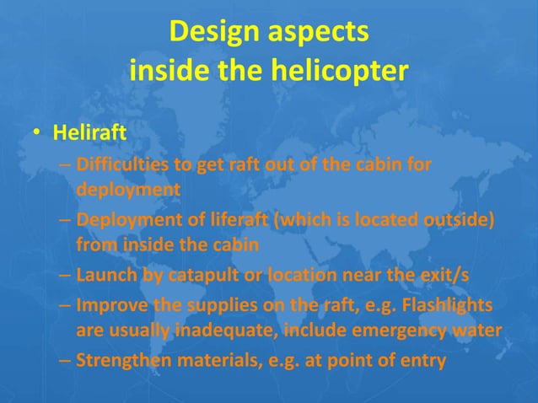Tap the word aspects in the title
[x=320, y=34]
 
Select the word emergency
[x=390, y=330]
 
